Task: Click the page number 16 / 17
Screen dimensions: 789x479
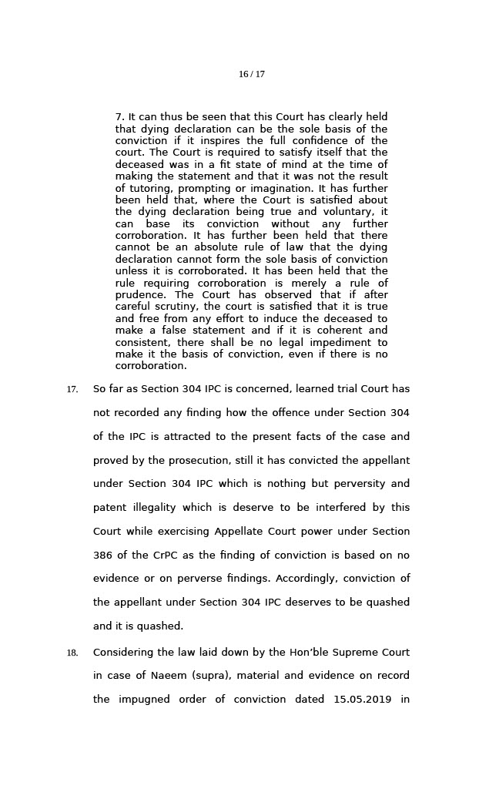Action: coord(251,75)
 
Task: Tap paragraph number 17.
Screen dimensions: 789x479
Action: coord(72,390)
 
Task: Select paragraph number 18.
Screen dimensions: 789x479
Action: coord(72,653)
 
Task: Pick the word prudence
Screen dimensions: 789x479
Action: coord(140,295)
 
